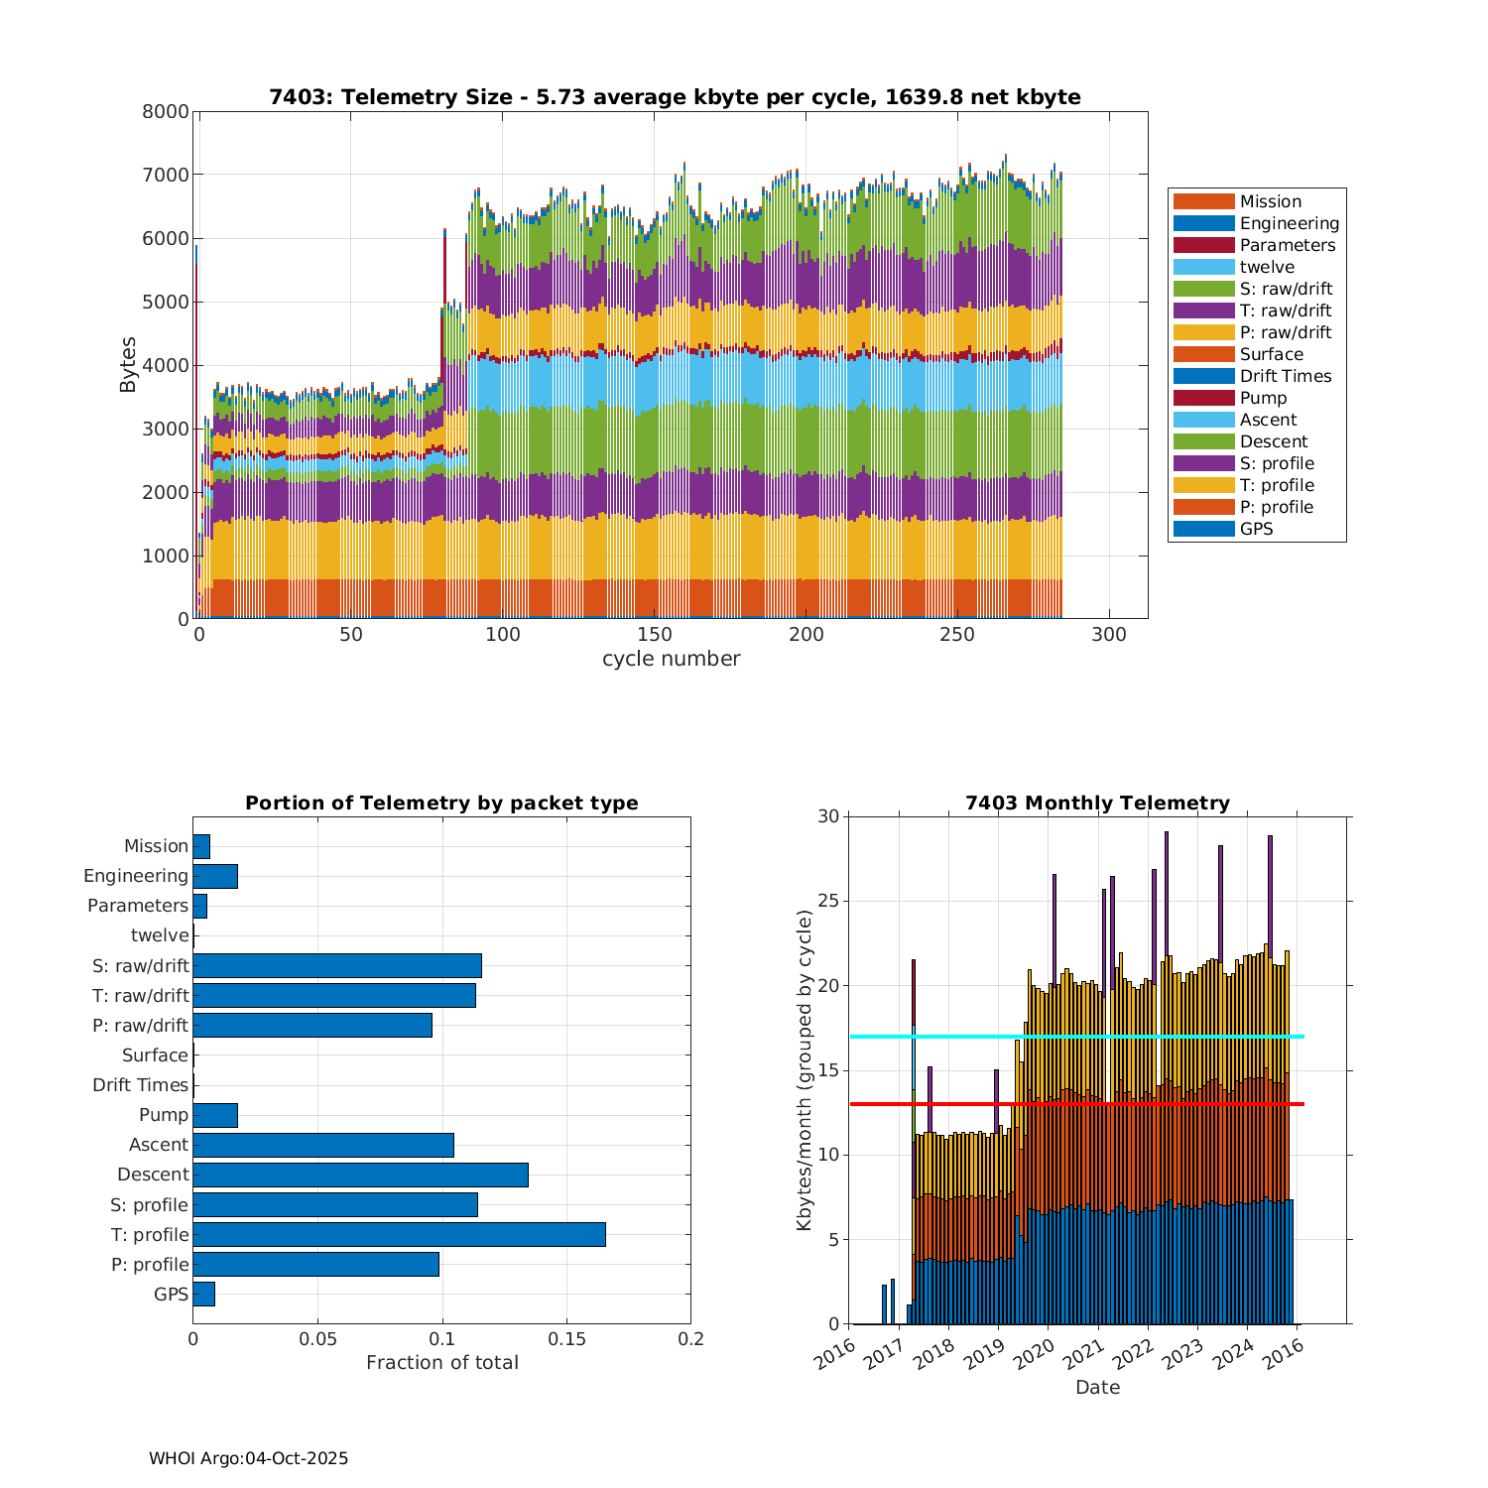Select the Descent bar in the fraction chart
coord(360,1175)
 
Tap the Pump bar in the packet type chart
coord(215,1115)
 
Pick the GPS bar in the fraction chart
coord(203,1294)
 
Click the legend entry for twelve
coord(1267,267)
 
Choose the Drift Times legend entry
coord(1285,376)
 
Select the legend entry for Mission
coord(1270,201)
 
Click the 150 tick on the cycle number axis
coord(655,635)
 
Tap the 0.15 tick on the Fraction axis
coord(566,1339)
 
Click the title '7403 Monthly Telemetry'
coord(1097,803)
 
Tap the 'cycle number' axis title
coord(671,659)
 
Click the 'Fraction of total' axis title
coord(441,1362)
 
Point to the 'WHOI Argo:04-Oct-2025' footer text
coord(248,1458)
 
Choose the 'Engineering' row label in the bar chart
coord(136,876)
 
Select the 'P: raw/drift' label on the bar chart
coord(140,1025)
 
